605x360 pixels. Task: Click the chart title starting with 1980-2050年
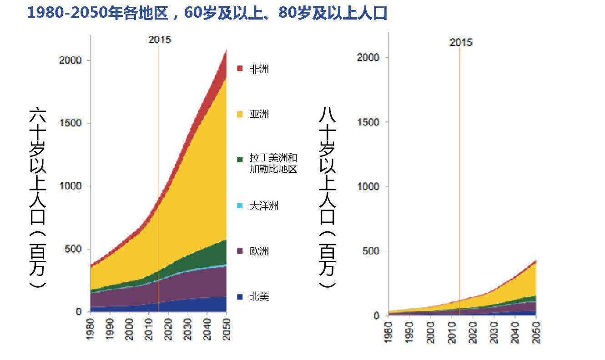207,13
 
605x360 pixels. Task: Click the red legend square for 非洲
240,69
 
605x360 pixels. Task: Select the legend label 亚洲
259,114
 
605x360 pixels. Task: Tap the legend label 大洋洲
264,206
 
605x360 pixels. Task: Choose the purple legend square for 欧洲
240,251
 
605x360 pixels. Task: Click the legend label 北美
259,297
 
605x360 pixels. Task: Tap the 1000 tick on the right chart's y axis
369,186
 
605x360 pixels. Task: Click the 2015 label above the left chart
160,40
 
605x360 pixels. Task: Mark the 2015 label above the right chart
461,42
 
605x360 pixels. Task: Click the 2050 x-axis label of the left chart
226,328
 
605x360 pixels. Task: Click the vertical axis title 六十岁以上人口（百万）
37,198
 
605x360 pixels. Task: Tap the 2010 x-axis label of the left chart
149,328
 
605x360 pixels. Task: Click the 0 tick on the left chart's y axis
79,312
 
